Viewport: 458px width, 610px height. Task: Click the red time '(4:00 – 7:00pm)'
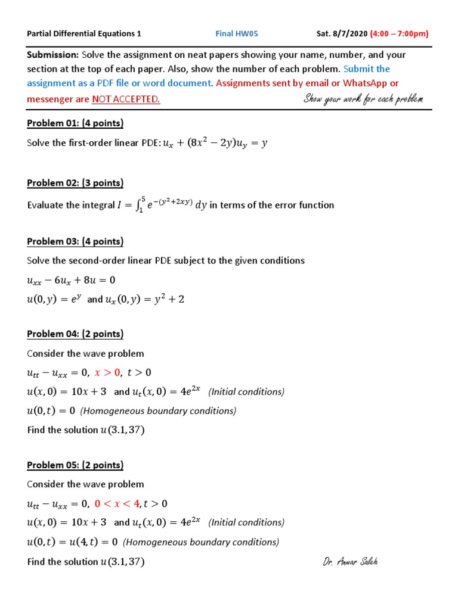[x=399, y=33]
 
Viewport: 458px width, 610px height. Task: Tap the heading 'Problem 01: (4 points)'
[x=75, y=123]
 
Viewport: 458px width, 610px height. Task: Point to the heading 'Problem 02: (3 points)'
[x=75, y=183]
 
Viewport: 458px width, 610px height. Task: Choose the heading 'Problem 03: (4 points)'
[x=75, y=241]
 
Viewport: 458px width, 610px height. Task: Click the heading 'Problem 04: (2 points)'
[x=75, y=334]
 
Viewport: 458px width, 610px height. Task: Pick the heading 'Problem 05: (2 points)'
[x=75, y=465]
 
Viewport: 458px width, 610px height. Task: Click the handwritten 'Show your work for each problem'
[x=363, y=98]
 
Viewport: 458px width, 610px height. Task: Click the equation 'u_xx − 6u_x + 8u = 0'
[x=71, y=280]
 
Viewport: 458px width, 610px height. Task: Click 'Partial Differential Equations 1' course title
[x=84, y=33]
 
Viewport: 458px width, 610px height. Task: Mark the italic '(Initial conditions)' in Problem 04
[x=246, y=392]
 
